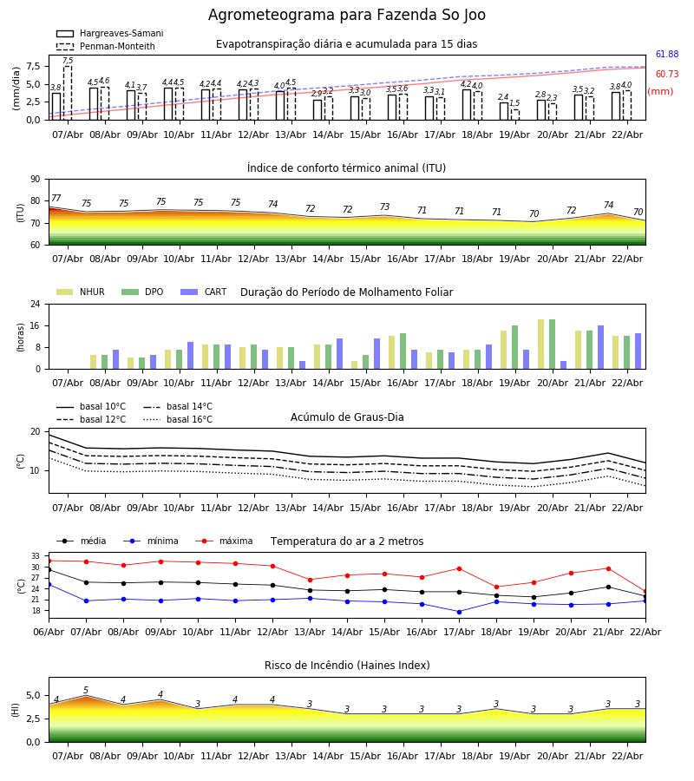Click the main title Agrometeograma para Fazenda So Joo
(x=347, y=16)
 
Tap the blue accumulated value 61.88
(x=666, y=55)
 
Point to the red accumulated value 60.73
(x=666, y=75)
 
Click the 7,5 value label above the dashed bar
(x=68, y=61)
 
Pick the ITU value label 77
(x=56, y=199)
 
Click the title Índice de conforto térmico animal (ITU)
(x=346, y=168)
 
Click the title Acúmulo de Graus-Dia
(x=347, y=417)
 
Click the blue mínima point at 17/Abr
(x=459, y=612)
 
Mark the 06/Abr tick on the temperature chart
(x=49, y=632)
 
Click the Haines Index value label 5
(x=86, y=691)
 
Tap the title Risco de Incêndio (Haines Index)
(x=347, y=666)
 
